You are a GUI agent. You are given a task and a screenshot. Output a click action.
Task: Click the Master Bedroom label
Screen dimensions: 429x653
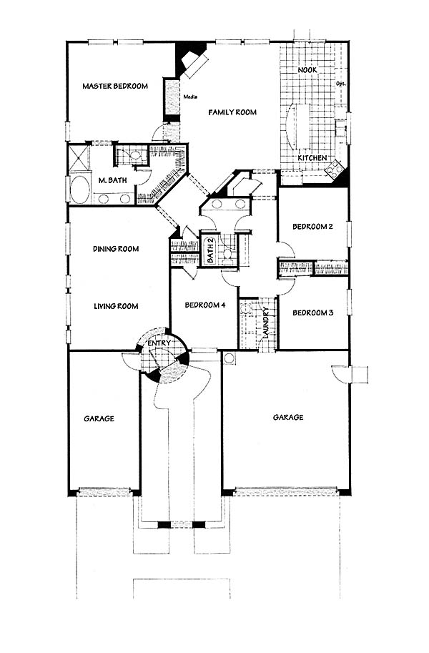[x=115, y=87]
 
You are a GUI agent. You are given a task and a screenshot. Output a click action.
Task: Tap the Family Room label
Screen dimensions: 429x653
[x=232, y=112]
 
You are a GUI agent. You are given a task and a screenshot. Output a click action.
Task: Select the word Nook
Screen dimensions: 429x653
[x=307, y=70]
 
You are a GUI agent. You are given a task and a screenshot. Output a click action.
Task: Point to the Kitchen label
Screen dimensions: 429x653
[x=312, y=158]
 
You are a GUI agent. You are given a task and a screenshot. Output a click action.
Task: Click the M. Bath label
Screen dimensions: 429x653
[x=112, y=180]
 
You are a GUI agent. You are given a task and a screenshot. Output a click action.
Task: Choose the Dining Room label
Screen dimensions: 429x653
[x=116, y=249]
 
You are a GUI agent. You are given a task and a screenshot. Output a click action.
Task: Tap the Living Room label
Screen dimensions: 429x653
[x=116, y=306]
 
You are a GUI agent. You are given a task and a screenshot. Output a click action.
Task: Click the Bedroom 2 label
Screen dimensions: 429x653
[x=312, y=227]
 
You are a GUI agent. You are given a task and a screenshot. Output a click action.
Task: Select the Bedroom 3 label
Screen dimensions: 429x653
[x=312, y=313]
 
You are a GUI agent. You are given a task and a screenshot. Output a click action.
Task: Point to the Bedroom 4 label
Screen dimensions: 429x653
[x=205, y=305]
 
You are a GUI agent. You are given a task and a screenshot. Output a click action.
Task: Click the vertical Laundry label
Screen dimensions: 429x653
[x=265, y=323]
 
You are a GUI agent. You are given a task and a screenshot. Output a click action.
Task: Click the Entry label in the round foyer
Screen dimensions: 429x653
[x=159, y=343]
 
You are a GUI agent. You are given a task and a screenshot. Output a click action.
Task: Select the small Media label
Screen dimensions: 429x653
[x=190, y=97]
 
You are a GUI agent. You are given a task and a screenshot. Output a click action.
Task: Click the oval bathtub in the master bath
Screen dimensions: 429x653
[x=80, y=190]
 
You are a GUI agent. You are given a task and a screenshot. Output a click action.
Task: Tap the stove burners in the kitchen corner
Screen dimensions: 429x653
[x=335, y=168]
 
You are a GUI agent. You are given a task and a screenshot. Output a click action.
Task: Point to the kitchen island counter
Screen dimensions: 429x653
[x=299, y=125]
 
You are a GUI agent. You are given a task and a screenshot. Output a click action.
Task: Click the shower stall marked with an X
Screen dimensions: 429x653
[x=79, y=157]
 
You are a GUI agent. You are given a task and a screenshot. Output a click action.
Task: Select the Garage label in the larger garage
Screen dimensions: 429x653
[x=288, y=417]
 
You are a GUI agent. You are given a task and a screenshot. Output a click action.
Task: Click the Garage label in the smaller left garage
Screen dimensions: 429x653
[x=99, y=418]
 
